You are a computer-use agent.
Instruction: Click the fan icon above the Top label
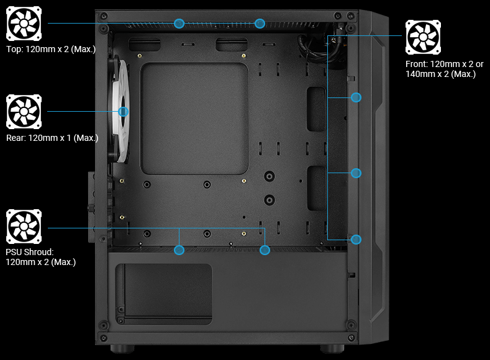pos(24,24)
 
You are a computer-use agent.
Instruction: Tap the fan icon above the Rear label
pos(24,112)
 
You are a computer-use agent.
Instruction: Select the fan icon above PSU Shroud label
pos(24,227)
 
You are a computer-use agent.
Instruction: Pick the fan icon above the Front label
pos(424,37)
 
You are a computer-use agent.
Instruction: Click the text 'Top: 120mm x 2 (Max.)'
pos(51,49)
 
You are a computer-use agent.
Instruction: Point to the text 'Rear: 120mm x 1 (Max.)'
pos(52,138)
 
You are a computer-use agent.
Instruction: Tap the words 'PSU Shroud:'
pos(30,252)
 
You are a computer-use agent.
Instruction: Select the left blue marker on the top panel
pos(179,23)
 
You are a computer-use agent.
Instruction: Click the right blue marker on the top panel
pos(260,23)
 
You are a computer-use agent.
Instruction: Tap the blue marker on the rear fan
pos(123,112)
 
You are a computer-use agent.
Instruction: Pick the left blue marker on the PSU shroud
pos(179,250)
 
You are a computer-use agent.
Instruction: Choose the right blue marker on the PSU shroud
pos(265,250)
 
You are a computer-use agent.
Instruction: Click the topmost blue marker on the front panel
pos(356,97)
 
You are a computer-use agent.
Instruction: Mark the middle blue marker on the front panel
pos(356,173)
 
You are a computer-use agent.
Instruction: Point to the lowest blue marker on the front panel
pos(356,239)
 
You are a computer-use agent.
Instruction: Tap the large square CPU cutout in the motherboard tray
pos(195,118)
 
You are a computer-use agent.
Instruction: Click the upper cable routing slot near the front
pos(316,109)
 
